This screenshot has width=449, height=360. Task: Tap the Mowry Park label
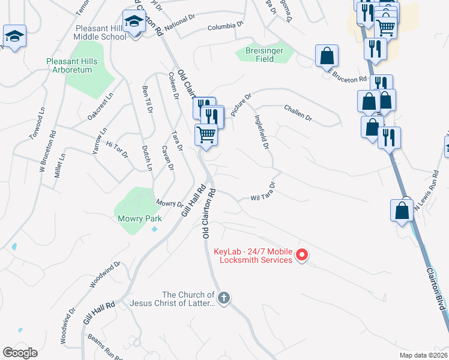tap(139, 218)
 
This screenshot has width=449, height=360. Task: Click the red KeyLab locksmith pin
tap(303, 256)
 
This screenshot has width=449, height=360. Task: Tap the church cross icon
tap(224, 298)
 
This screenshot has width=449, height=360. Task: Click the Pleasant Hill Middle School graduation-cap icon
tap(134, 22)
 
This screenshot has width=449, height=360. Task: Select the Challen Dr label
tap(298, 114)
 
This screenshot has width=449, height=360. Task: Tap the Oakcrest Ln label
tap(100, 107)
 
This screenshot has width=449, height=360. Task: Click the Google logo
tap(20, 353)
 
